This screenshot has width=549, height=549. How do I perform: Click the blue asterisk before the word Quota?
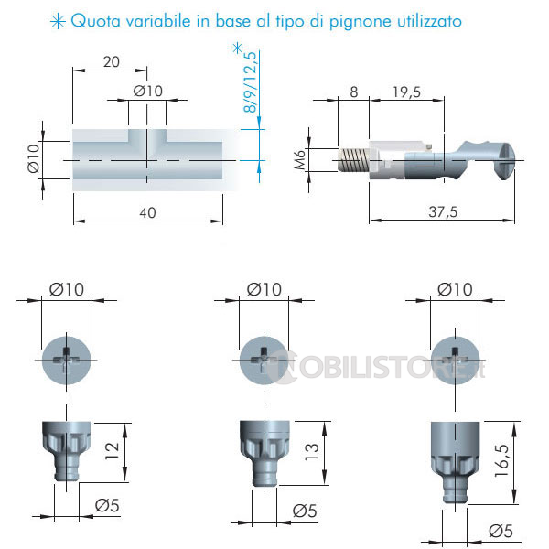click(x=58, y=22)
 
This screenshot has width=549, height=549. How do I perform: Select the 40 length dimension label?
click(x=147, y=212)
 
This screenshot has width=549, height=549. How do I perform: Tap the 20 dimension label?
click(x=112, y=62)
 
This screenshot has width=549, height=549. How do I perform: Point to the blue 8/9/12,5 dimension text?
click(x=250, y=82)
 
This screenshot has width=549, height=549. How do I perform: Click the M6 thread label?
click(x=300, y=159)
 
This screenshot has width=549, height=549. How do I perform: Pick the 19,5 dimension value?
click(x=406, y=92)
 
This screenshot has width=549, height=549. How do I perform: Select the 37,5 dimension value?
click(x=443, y=212)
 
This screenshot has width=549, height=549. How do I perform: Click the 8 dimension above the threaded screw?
click(x=354, y=92)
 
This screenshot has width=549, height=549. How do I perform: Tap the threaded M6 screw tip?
click(x=353, y=160)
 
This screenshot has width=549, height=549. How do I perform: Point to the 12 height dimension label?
click(x=112, y=451)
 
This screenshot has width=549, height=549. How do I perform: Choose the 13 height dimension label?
click(x=311, y=452)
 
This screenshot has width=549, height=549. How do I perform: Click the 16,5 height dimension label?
click(x=501, y=460)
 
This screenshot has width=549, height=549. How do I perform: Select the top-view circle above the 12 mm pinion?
click(x=66, y=361)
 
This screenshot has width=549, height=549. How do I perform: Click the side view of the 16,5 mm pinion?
click(x=455, y=462)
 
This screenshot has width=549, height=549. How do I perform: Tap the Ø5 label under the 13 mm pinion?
click(x=305, y=511)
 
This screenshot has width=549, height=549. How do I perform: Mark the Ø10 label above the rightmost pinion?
click(x=455, y=289)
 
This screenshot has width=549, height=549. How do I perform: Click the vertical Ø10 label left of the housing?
click(x=34, y=158)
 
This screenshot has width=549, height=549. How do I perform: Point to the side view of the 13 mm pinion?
click(x=264, y=454)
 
